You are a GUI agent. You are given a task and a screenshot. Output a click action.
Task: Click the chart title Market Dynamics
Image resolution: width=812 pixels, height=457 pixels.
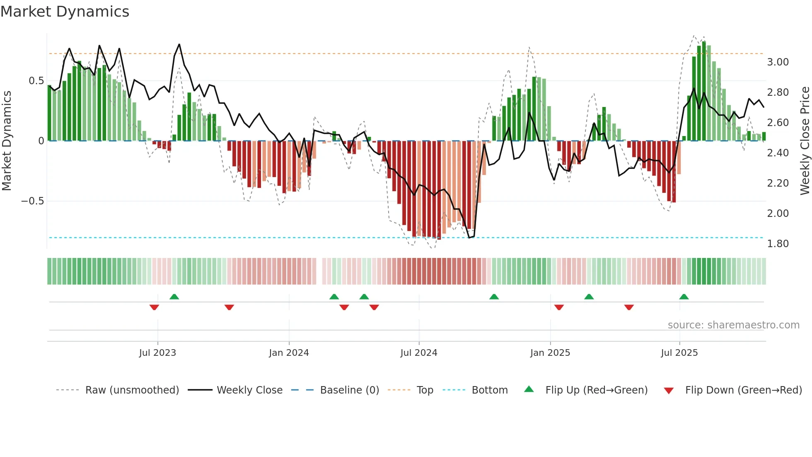click(x=65, y=12)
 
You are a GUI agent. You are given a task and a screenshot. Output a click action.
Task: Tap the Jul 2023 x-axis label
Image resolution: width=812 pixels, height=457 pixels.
click(x=157, y=353)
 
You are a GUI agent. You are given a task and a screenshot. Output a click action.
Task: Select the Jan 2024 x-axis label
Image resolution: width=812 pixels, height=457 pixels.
click(x=289, y=353)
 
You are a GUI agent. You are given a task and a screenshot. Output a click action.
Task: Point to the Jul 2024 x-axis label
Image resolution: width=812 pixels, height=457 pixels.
click(x=419, y=353)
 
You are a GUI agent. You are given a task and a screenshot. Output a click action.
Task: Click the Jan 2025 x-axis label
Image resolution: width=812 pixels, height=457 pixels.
click(x=550, y=353)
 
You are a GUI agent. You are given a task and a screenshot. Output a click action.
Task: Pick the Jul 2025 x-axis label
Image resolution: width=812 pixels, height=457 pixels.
click(x=679, y=353)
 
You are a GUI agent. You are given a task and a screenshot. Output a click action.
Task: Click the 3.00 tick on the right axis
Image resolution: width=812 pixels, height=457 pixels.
click(x=778, y=62)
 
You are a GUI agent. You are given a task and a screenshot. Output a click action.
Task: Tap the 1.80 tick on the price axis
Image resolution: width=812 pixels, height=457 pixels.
click(x=778, y=244)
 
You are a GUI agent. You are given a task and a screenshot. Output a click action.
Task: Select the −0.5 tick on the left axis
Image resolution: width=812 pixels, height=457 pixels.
click(x=33, y=201)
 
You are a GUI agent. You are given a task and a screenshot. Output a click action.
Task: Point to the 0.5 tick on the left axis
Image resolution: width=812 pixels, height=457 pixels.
click(x=36, y=81)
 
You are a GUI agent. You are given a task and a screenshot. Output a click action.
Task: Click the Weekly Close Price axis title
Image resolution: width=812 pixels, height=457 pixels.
click(x=805, y=141)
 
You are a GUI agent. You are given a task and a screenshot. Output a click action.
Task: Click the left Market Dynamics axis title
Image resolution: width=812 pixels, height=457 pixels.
click(x=7, y=141)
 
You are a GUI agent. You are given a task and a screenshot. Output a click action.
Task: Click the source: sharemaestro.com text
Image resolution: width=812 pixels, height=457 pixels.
click(x=733, y=325)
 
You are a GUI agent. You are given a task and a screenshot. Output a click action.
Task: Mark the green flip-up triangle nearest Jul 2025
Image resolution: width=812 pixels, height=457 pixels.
click(x=684, y=297)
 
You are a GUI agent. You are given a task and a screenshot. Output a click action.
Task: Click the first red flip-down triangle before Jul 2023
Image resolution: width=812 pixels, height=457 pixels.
click(x=154, y=307)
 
